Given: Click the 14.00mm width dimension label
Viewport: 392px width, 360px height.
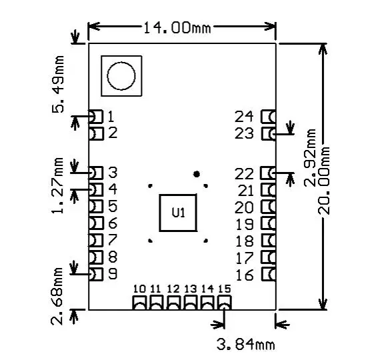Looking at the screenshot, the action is [x=177, y=27].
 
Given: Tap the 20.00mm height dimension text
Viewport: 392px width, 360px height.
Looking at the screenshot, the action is [x=324, y=181].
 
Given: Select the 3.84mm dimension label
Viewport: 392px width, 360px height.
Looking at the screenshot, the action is [x=245, y=345].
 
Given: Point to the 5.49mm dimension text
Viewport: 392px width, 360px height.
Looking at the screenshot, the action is [x=58, y=84].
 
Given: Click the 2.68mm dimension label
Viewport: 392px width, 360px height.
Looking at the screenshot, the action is [x=57, y=296].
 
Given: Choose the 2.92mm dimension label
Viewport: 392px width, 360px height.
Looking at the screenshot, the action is [x=310, y=157].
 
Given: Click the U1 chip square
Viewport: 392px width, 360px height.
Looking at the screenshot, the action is [x=178, y=213].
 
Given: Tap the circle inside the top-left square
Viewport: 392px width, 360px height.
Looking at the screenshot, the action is [x=121, y=76].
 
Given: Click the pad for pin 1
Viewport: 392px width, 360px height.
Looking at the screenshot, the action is [x=96, y=117].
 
